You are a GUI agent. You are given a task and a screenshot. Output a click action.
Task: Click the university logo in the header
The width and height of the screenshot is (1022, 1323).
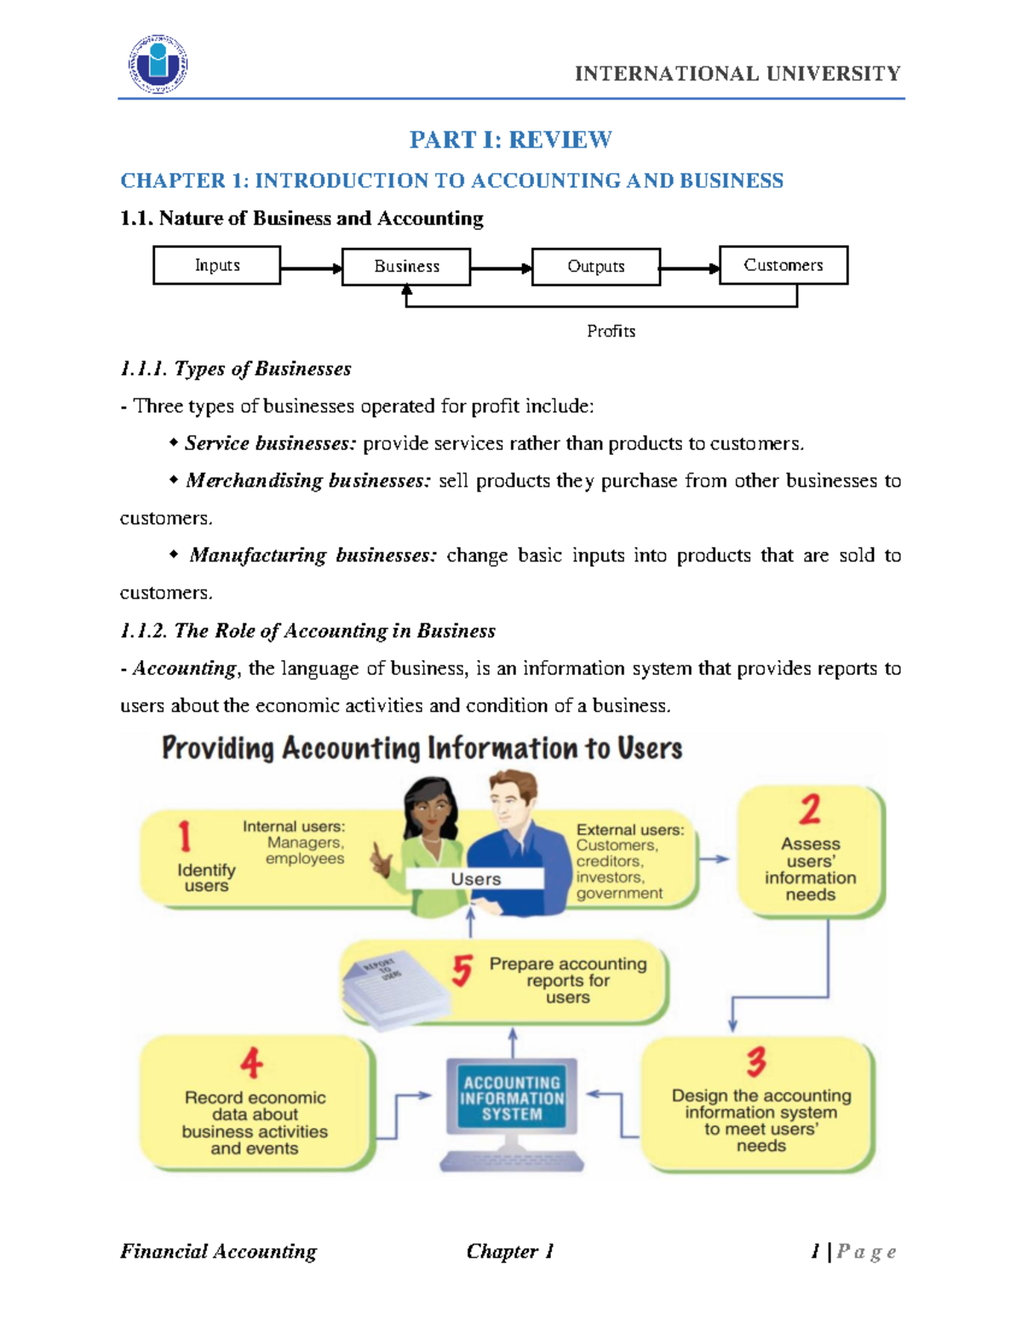pos(158,65)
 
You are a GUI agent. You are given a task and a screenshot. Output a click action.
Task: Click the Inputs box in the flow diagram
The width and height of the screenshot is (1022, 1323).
pos(216,265)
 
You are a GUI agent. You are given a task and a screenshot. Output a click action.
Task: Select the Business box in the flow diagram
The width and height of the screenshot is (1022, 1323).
pos(406,267)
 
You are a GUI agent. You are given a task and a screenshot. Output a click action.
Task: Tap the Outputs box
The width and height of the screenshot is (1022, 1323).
pos(595,267)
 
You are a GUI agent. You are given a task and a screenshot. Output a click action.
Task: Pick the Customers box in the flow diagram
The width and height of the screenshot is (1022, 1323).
pos(783,265)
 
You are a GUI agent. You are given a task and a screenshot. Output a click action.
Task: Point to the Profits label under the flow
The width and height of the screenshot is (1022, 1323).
pos(611,331)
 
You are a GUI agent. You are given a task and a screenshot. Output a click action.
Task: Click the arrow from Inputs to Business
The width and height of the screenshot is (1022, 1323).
pos(311,268)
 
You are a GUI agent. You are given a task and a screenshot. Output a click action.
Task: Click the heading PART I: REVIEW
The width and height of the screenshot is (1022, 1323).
pos(510,140)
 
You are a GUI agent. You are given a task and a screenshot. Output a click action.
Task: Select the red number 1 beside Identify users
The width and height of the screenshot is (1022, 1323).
pos(184,836)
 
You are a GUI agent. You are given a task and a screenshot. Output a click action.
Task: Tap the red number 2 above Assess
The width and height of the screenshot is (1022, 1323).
pos(810,808)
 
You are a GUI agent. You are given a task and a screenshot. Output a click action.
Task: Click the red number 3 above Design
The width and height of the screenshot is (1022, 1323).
pos(756,1061)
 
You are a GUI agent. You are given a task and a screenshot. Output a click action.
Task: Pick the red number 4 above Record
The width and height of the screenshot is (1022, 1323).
pos(251,1062)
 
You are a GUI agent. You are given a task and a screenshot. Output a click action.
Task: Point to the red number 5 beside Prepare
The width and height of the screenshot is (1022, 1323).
pos(462,969)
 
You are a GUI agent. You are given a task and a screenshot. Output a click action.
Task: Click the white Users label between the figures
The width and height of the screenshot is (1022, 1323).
pos(475,879)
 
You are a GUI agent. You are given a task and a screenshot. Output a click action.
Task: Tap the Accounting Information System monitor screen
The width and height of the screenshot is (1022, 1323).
pos(512,1098)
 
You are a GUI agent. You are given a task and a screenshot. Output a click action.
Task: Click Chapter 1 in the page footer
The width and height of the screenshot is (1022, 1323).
pos(509,1251)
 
